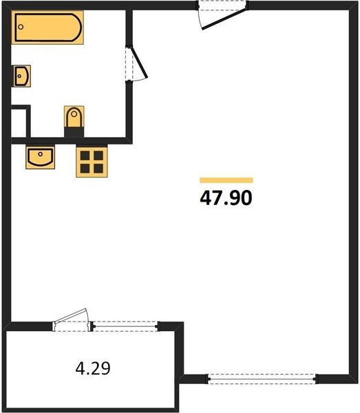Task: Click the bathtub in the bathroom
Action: point(47,28)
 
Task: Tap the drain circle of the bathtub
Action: point(21,27)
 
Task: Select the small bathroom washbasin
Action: point(22,76)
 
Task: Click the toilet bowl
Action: point(74,117)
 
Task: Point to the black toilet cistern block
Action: point(74,132)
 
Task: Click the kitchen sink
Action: point(41,157)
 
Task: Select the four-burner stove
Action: point(92,162)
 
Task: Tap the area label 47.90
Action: point(226,198)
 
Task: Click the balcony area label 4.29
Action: point(93,368)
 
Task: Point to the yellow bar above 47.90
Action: point(226,180)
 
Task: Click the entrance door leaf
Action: point(224,19)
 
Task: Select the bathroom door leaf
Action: point(139,63)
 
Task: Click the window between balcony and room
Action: point(125,326)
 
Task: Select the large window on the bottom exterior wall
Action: point(262,379)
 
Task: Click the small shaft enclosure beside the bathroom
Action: point(19,123)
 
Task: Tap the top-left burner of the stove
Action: point(85,156)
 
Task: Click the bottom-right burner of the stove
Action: point(98,169)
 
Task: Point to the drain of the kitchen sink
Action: point(41,153)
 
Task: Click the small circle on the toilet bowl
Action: point(74,114)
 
